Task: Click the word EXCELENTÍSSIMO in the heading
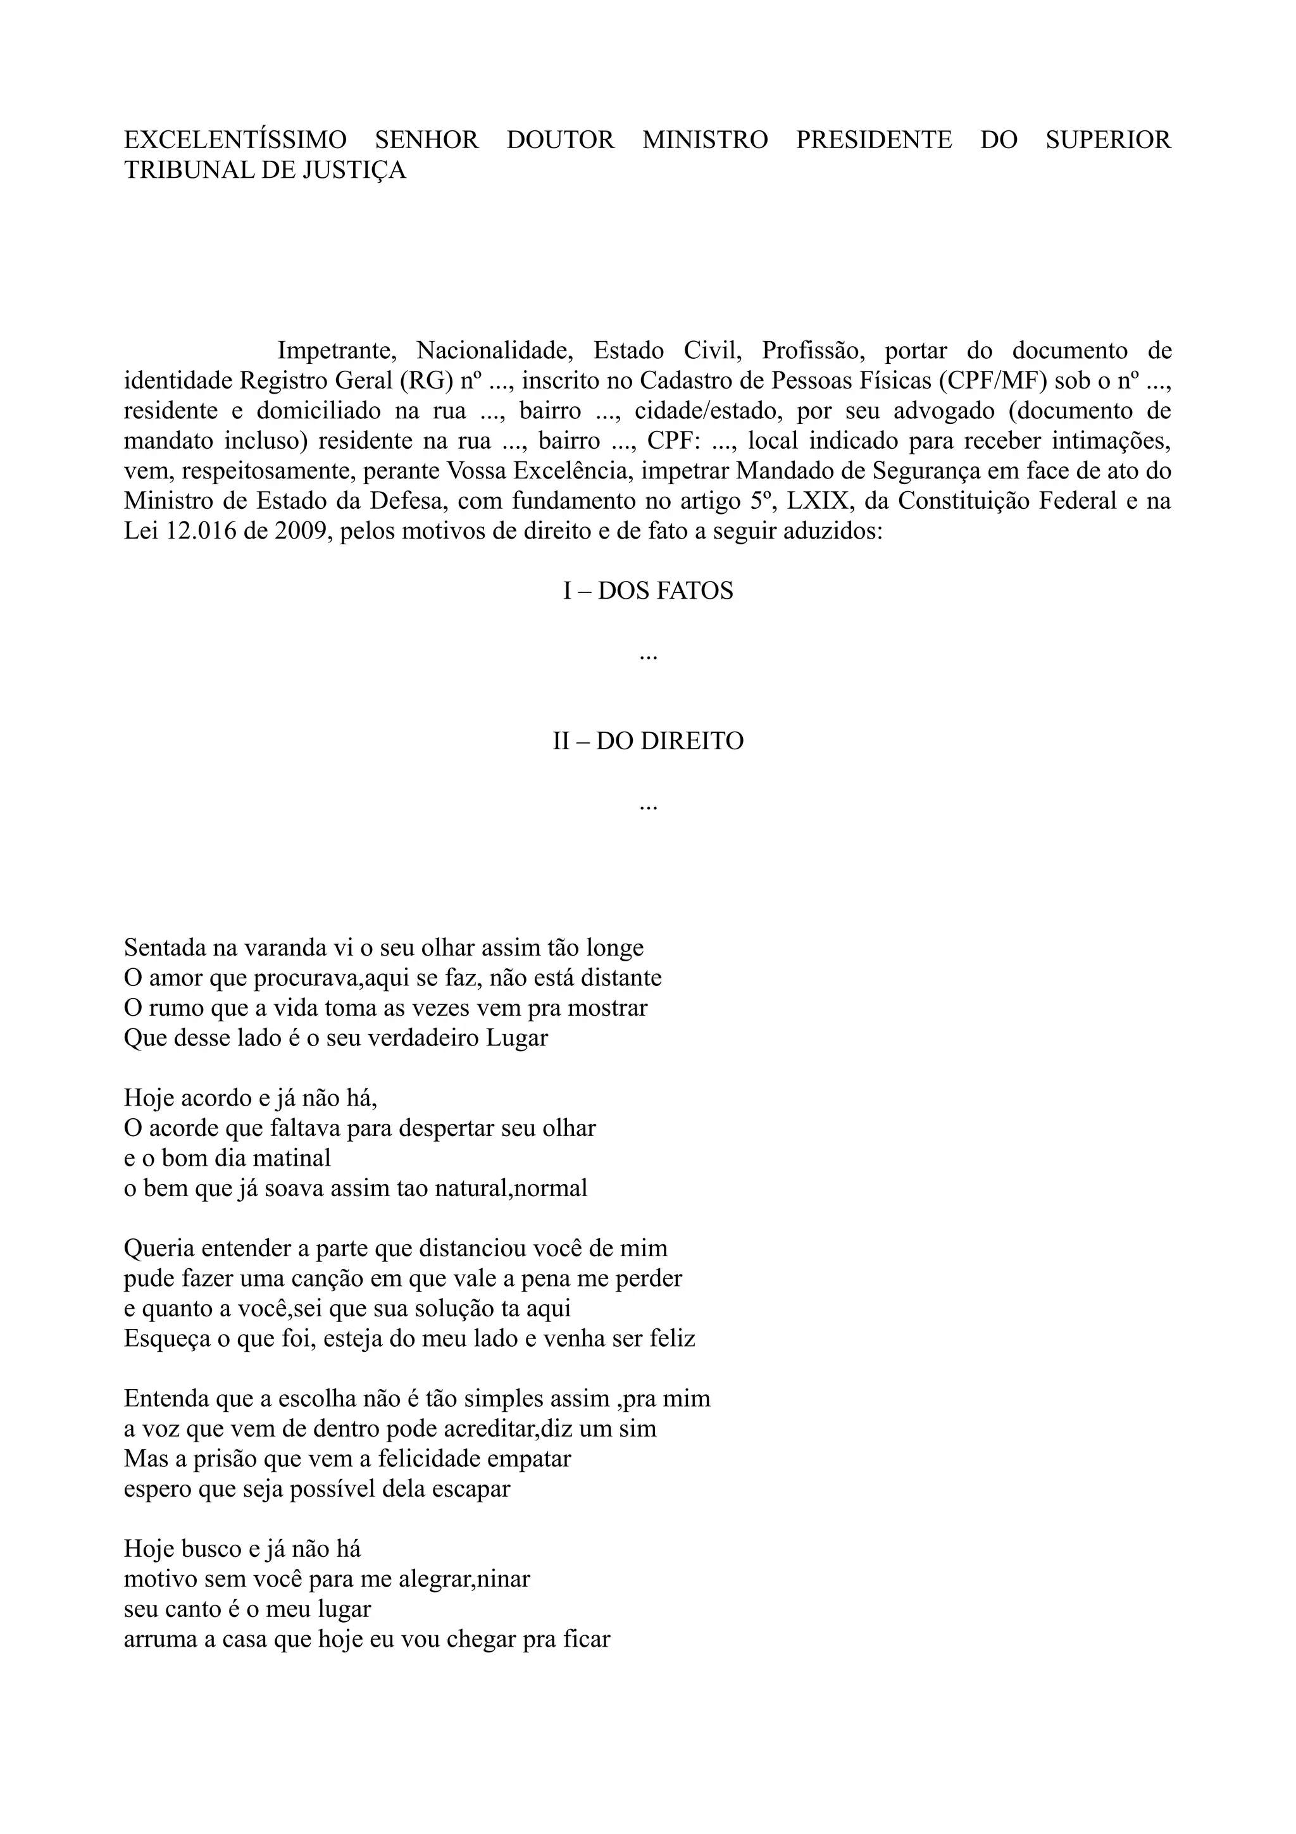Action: point(235,140)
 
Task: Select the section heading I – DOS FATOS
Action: point(647,591)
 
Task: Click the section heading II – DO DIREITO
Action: point(647,741)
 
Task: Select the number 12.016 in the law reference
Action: point(199,531)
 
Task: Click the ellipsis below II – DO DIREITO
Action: point(647,807)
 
